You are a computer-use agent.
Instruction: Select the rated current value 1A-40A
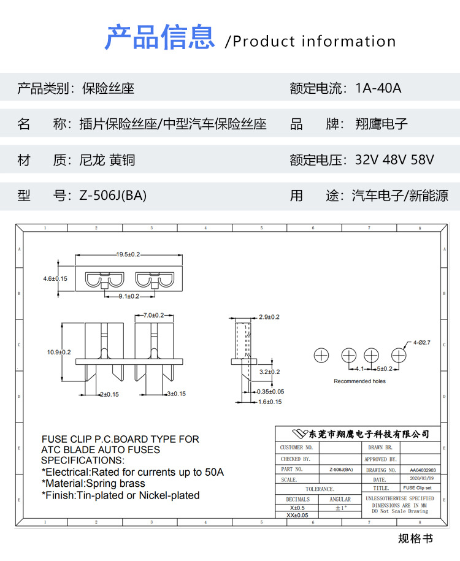[x=378, y=88]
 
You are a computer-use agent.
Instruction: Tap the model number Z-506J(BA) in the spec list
[x=113, y=196]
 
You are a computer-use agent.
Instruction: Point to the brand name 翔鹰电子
[x=381, y=124]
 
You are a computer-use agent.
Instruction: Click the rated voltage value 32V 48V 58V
[x=394, y=160]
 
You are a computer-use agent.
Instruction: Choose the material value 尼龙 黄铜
[x=107, y=160]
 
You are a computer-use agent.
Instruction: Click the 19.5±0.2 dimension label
[x=128, y=254]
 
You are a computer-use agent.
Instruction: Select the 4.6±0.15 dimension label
[x=55, y=278]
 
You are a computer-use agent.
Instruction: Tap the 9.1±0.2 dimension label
[x=128, y=296]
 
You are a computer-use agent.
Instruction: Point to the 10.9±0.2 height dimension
[x=59, y=352]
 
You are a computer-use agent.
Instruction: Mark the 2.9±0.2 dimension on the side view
[x=269, y=317]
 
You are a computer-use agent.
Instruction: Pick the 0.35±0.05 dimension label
[x=270, y=391]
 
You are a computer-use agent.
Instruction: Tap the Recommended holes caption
[x=359, y=381]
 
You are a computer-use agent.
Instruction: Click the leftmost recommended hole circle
[x=322, y=355]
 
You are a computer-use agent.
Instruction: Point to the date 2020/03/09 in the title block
[x=421, y=478]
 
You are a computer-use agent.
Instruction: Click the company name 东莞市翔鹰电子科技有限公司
[x=361, y=434]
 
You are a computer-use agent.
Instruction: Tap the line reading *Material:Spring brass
[x=93, y=484]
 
